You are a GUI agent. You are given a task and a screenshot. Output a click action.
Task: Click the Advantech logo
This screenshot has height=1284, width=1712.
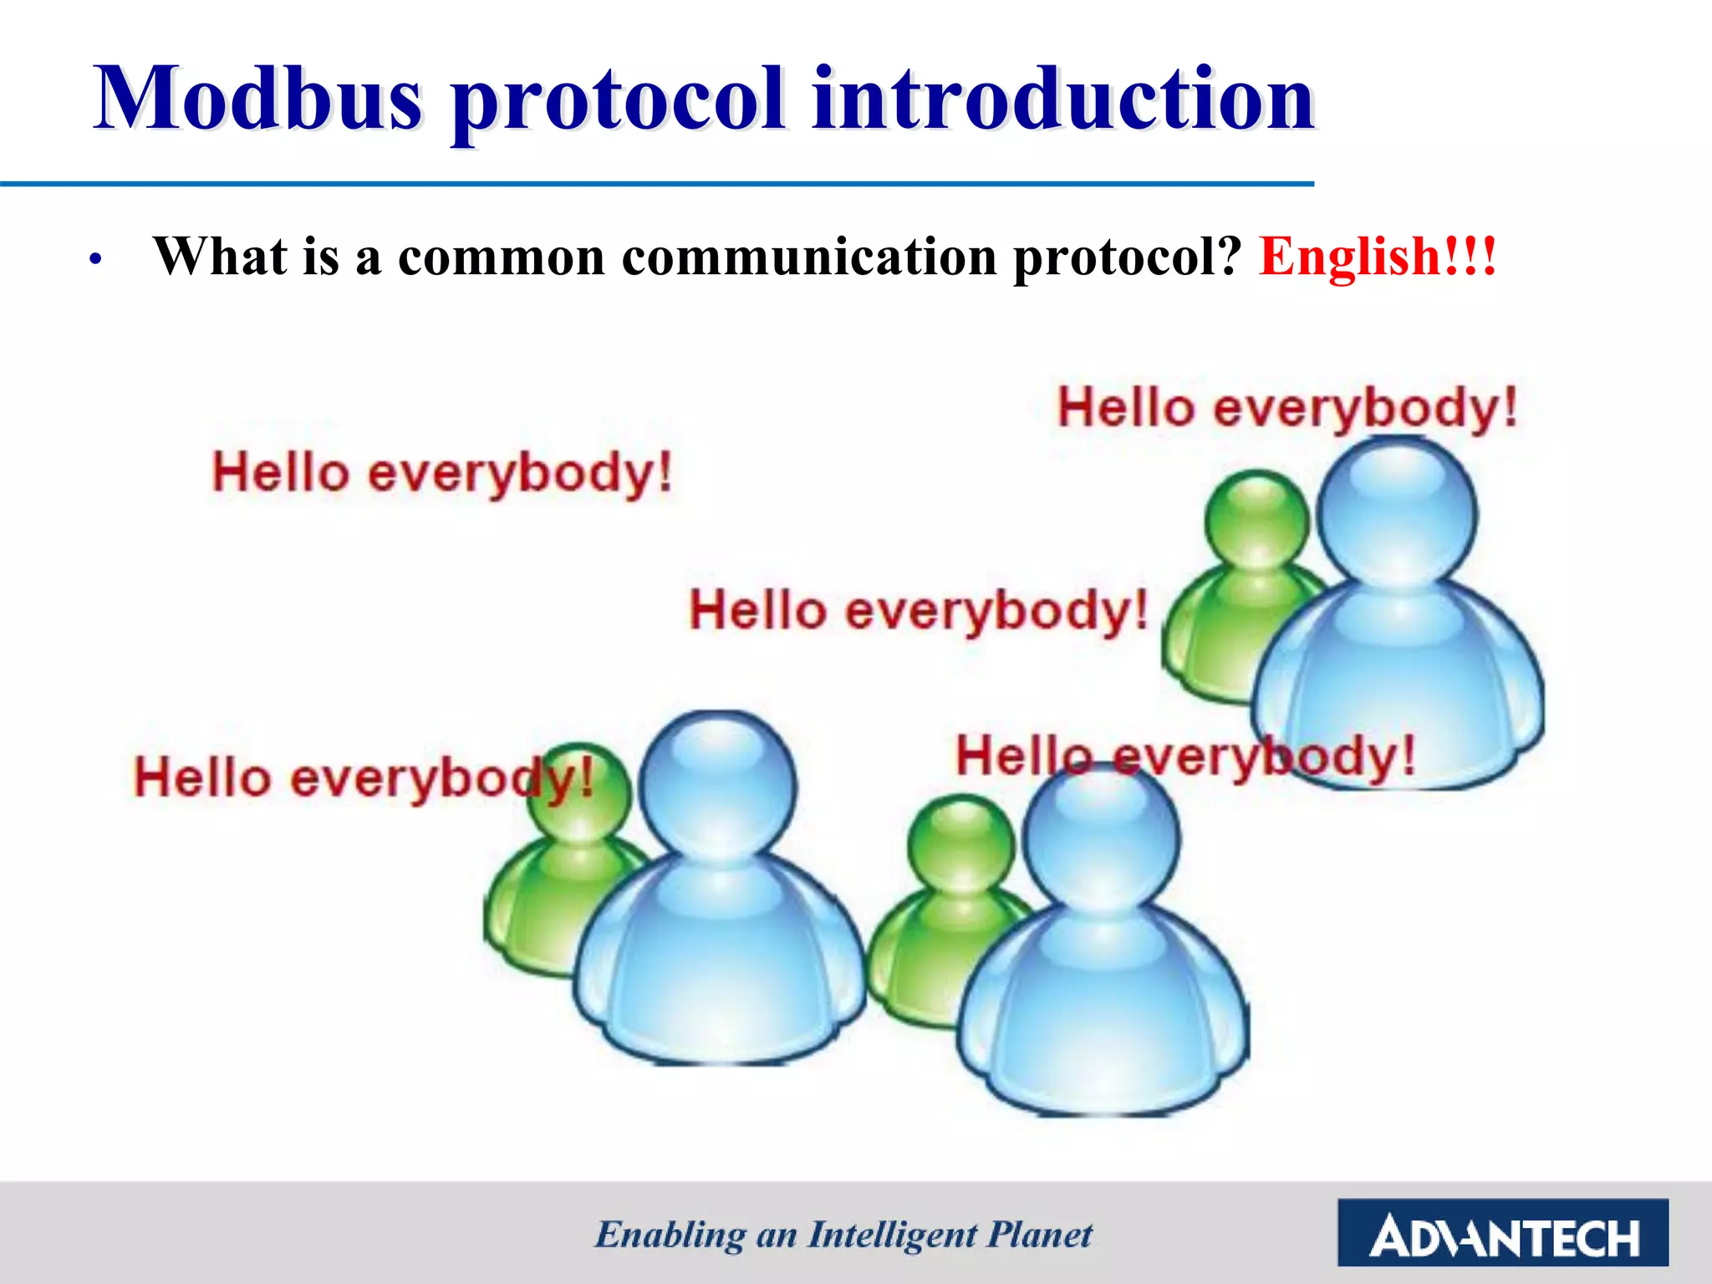[x=1503, y=1232]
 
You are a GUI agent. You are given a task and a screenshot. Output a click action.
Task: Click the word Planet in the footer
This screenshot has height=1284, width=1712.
[x=1040, y=1235]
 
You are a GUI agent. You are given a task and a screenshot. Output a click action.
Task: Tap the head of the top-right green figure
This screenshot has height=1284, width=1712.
[x=1256, y=518]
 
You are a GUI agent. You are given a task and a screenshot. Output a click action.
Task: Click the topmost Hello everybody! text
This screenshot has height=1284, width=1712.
[x=1287, y=410]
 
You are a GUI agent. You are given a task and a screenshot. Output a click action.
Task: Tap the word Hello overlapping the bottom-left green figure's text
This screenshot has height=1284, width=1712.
[x=201, y=777]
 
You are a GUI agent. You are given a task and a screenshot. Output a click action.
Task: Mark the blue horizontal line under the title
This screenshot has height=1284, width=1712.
[x=657, y=183]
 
